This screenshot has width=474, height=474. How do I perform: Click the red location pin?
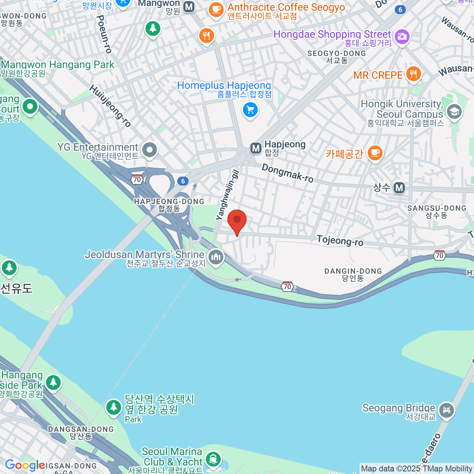point(237,220)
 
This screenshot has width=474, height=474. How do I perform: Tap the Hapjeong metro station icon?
point(256,149)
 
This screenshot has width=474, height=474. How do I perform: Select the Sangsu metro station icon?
point(399,188)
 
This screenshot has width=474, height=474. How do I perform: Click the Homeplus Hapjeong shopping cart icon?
point(250,110)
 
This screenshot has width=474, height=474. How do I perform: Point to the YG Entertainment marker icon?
point(150,150)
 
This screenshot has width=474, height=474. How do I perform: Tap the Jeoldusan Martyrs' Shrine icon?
point(216,257)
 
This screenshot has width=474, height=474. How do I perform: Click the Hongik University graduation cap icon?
point(454,112)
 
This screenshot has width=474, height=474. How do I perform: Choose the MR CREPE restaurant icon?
point(414,73)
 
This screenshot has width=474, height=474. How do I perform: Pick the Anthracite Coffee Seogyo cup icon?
point(216,9)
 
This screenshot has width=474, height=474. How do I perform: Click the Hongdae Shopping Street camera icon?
point(402,37)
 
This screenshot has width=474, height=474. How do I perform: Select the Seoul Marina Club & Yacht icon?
point(213,459)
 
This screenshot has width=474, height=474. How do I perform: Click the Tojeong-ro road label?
point(340,240)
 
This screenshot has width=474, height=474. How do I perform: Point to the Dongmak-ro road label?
point(288,173)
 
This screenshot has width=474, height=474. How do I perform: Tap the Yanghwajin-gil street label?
point(228,195)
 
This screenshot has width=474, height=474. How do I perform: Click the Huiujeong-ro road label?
point(110,106)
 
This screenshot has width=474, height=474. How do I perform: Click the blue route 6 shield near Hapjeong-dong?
point(182,181)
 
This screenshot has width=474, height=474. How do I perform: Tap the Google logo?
point(24,465)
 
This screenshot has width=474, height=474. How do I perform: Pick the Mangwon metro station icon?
point(189,6)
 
